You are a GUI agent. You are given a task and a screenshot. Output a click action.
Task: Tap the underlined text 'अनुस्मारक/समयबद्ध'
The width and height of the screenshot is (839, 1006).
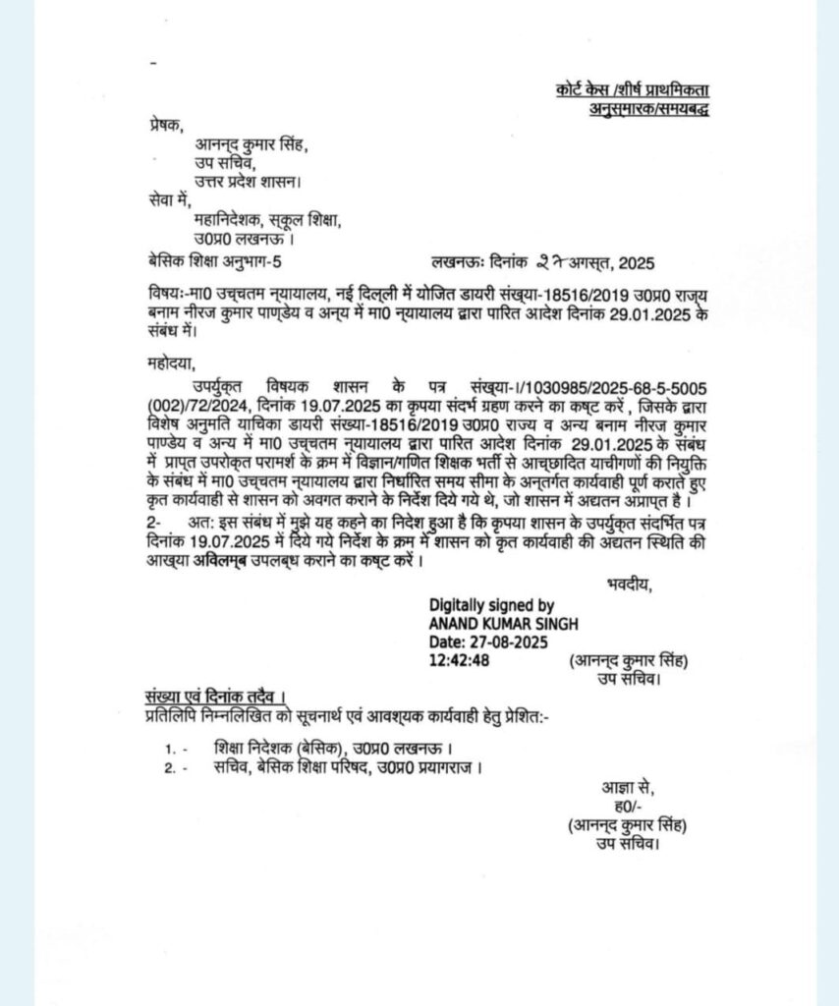tap(643, 109)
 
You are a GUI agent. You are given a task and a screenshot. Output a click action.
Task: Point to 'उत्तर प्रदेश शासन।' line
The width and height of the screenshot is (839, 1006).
tap(246, 182)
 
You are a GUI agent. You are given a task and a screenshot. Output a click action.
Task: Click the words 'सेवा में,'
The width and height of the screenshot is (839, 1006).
tap(164, 201)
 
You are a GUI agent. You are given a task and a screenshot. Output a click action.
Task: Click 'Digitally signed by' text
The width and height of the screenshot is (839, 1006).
tap(491, 606)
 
